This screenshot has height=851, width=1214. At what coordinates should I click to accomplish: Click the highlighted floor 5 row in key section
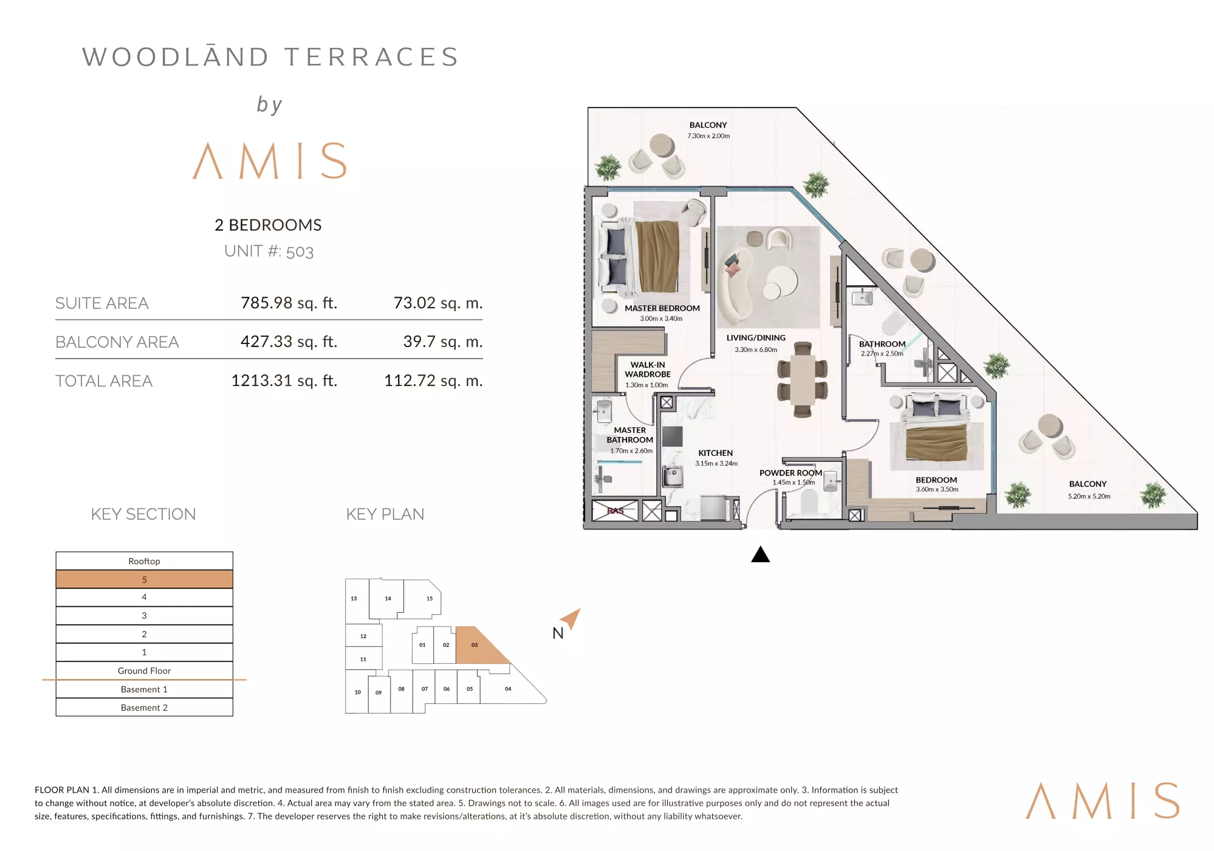(x=144, y=579)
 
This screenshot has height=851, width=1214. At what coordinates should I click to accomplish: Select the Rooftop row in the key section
(x=144, y=561)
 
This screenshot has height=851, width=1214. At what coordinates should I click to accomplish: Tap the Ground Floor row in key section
(x=144, y=670)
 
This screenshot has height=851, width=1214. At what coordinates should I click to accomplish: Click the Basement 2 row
(x=144, y=708)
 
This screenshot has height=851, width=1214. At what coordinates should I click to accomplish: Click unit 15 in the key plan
(x=424, y=598)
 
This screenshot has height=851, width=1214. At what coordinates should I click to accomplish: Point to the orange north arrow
(x=572, y=618)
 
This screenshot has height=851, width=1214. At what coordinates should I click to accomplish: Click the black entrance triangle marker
(x=760, y=554)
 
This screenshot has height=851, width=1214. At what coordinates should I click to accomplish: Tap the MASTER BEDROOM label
(x=662, y=308)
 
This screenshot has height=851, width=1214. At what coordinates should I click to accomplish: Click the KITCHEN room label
(x=715, y=453)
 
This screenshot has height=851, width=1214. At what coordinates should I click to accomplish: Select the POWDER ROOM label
(x=790, y=473)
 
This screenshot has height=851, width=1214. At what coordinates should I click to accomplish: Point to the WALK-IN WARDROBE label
(x=648, y=370)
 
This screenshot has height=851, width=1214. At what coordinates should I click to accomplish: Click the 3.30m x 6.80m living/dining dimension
(x=755, y=350)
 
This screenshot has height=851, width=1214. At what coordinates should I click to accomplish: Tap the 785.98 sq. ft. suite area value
(x=289, y=303)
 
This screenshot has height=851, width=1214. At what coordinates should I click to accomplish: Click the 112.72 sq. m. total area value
(x=433, y=381)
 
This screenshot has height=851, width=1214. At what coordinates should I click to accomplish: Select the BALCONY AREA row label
(x=117, y=342)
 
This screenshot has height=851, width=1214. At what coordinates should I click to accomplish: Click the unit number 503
(x=300, y=252)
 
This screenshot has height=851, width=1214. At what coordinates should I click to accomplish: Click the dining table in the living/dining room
(x=803, y=379)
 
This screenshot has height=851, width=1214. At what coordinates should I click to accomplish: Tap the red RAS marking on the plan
(x=616, y=511)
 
